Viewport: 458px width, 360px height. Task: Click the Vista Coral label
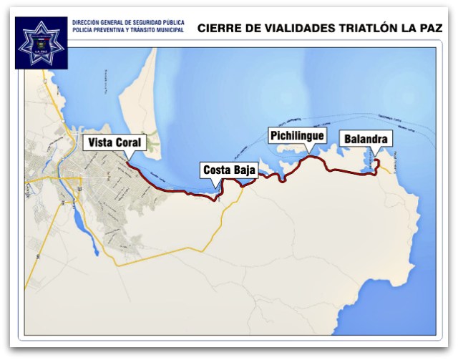pyautogui.click(x=114, y=142)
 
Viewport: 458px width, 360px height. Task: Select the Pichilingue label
pyautogui.click(x=296, y=135)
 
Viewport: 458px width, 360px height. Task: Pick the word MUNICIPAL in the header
pyautogui.click(x=170, y=30)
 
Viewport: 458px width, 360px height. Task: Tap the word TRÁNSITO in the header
pyautogui.click(x=141, y=30)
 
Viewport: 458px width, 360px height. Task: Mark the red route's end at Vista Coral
pyautogui.click(x=127, y=163)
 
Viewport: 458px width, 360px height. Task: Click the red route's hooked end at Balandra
pyautogui.click(x=375, y=160)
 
